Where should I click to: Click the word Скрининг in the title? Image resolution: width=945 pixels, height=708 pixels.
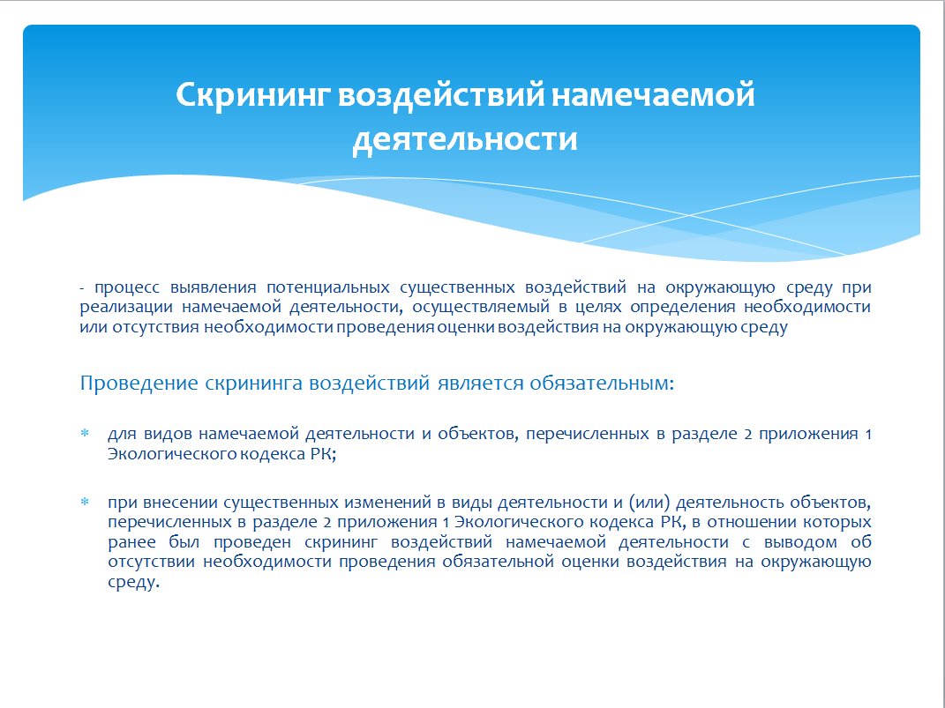252,96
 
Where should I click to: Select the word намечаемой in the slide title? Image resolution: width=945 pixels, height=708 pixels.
653,94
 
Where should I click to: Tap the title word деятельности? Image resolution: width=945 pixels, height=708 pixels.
465,139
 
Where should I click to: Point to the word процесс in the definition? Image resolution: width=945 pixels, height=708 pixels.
126,287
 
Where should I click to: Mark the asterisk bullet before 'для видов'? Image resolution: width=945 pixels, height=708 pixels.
85,433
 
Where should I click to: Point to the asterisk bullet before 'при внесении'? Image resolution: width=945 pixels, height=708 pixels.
85,502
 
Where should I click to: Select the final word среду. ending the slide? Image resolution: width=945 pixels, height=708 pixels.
134,583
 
